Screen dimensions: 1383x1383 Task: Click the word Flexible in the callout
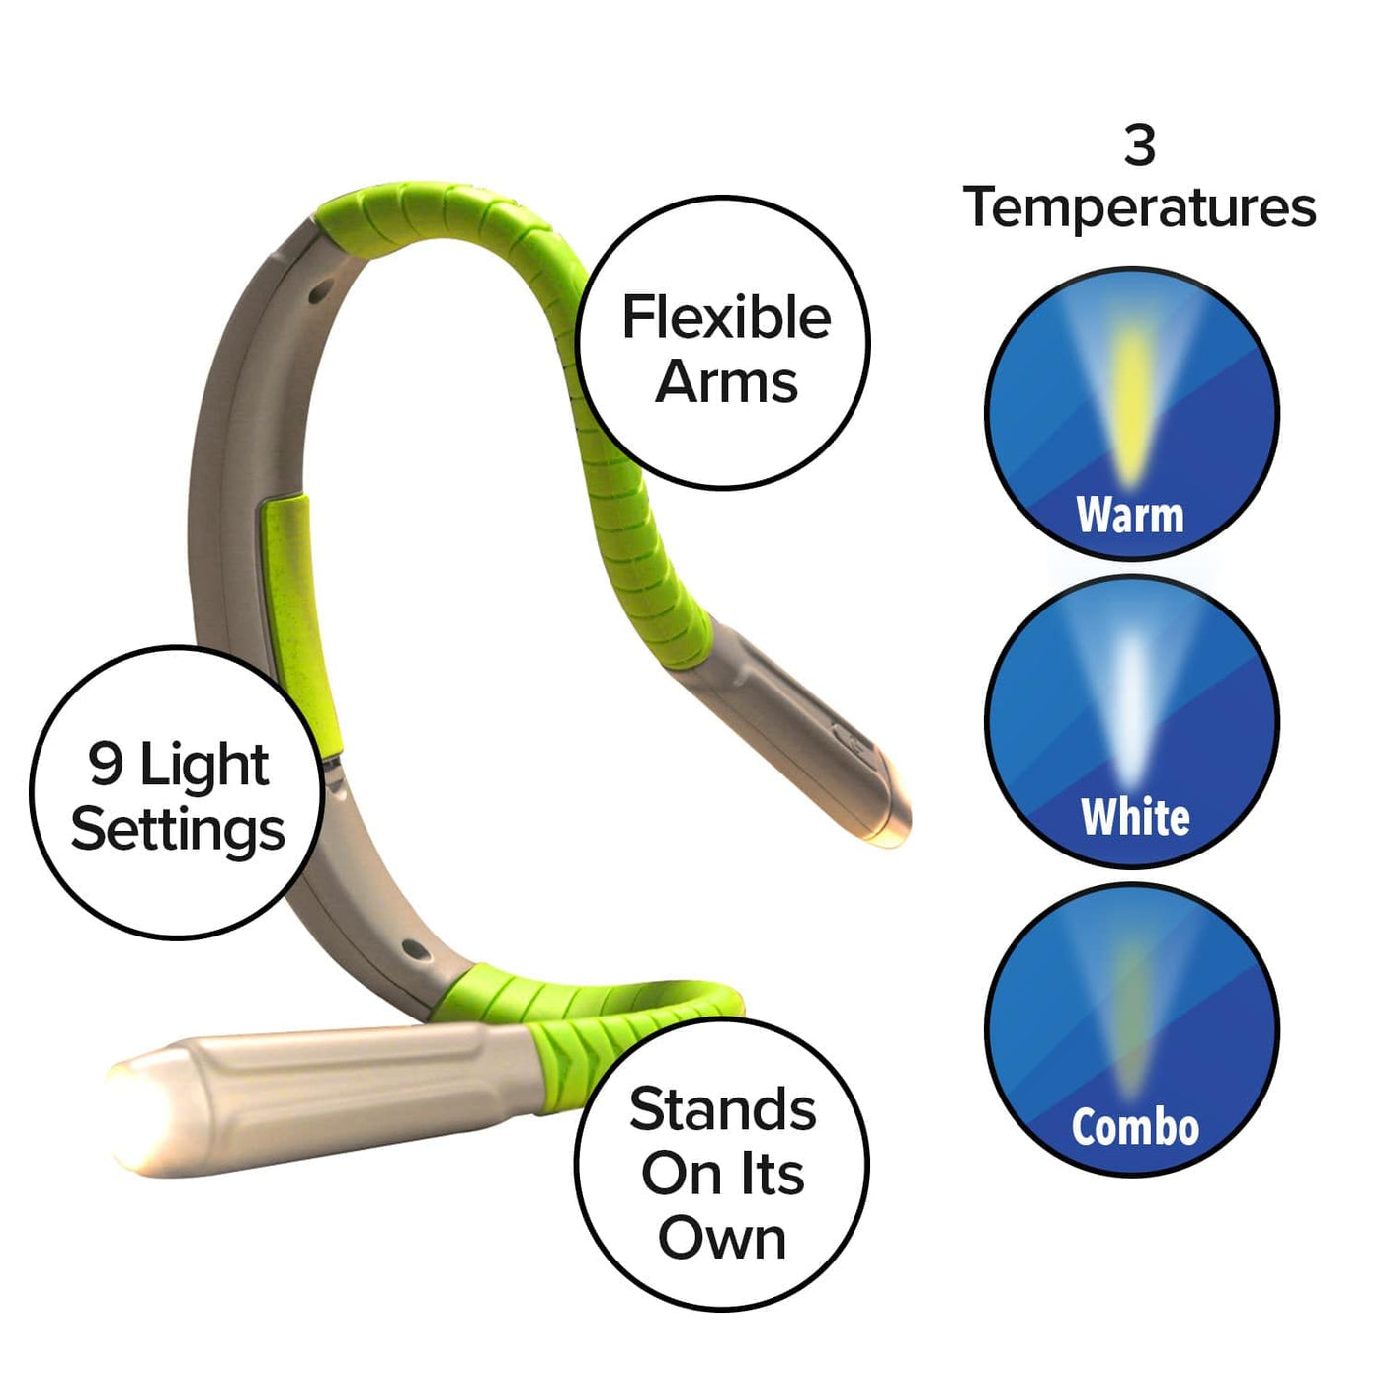tap(726, 318)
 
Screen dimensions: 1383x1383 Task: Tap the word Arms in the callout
tap(726, 382)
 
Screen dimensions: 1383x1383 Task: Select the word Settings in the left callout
tap(178, 830)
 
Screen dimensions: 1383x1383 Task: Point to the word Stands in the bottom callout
tap(722, 1109)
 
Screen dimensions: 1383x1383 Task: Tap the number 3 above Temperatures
tap(1139, 146)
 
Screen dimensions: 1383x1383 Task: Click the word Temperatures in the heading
tap(1139, 208)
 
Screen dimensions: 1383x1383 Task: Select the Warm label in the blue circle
tap(1130, 515)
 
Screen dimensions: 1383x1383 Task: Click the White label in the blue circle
tap(1135, 817)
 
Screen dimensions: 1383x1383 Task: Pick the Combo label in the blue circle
tap(1135, 1127)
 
